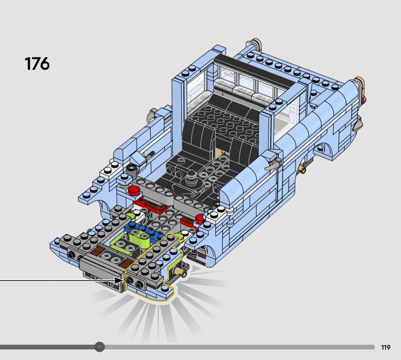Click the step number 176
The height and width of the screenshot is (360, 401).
[37, 64]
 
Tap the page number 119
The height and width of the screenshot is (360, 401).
[385, 347]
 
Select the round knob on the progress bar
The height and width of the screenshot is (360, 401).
[99, 347]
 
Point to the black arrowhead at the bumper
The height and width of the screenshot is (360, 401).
[119, 280]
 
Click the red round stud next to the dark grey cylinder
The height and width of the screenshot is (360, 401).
[135, 191]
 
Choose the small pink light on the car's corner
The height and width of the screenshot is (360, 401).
[365, 98]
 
